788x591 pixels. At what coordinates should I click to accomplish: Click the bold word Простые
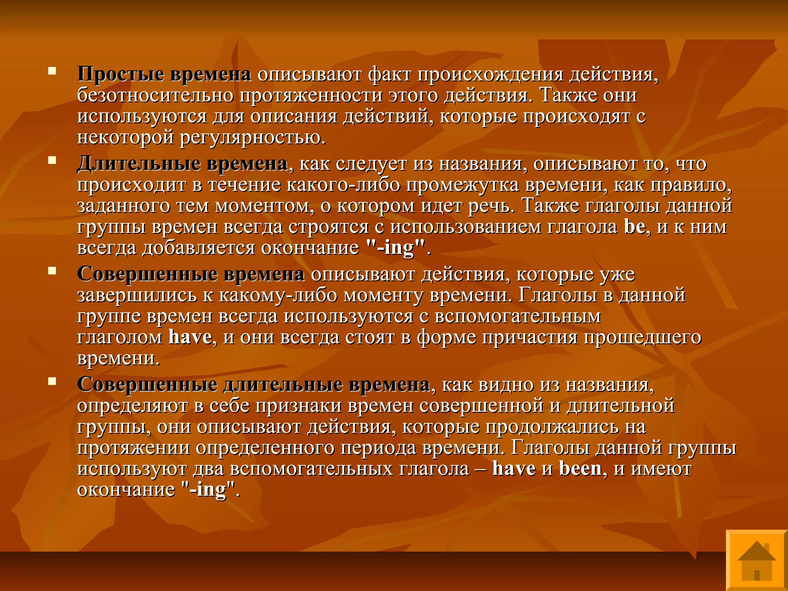pyautogui.click(x=121, y=74)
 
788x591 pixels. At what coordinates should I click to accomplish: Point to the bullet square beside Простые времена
pyautogui.click(x=52, y=71)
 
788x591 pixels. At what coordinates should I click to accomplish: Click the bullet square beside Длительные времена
pyautogui.click(x=52, y=160)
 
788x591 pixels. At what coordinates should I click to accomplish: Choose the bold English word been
pyautogui.click(x=580, y=468)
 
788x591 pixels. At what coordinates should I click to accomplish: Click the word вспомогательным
pyautogui.click(x=518, y=316)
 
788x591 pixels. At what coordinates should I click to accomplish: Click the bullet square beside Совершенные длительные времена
pyautogui.click(x=52, y=381)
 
